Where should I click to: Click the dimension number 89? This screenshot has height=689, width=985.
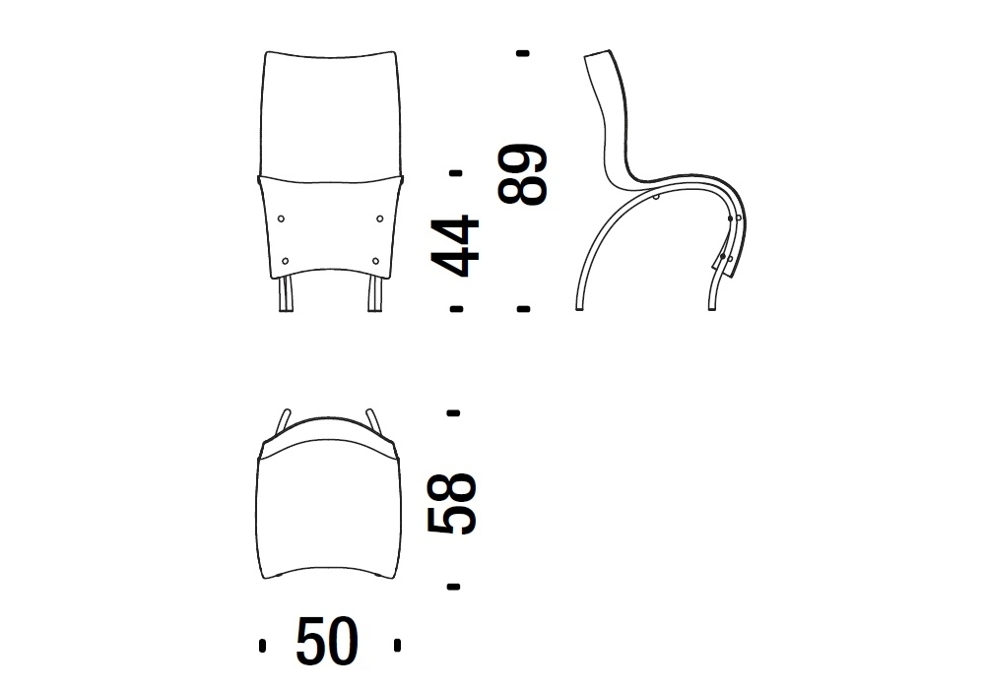(x=523, y=174)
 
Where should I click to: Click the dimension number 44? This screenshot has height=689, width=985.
(x=455, y=246)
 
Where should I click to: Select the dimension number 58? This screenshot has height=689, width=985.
(x=452, y=504)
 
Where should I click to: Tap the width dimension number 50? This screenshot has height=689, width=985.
(x=327, y=642)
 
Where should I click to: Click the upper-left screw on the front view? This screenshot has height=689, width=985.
(x=281, y=219)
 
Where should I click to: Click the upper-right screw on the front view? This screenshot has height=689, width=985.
(x=379, y=219)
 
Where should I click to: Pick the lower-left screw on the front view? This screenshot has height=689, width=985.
(x=286, y=261)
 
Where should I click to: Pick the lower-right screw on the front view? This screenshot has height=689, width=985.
(x=375, y=261)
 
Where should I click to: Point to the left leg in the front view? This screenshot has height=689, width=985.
(x=286, y=293)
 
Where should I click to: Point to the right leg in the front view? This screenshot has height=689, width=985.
(x=374, y=293)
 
